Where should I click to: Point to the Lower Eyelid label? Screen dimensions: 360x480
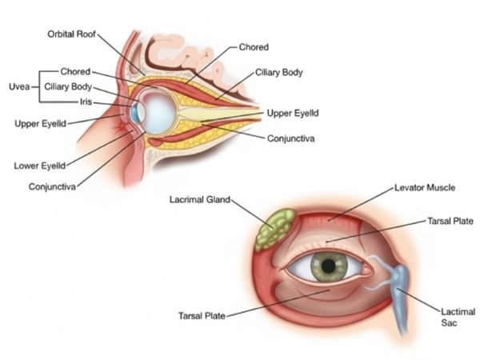click(39, 166)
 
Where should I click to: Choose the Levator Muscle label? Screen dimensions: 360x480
click(425, 187)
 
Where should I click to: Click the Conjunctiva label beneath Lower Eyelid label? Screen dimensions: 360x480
click(52, 186)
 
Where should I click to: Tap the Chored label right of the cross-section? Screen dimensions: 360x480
click(254, 47)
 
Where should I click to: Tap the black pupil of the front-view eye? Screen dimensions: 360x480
click(326, 266)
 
